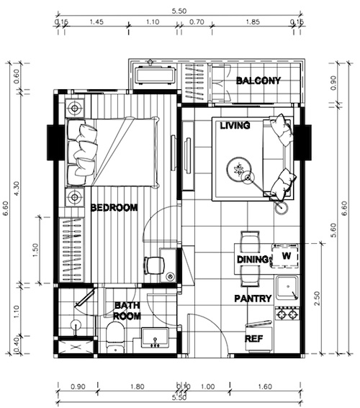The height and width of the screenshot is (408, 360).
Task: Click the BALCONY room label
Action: click(258, 81)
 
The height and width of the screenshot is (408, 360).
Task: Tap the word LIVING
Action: click(235, 126)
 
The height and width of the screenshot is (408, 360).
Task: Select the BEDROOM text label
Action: click(114, 208)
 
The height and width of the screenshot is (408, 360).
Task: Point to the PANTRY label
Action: click(253, 299)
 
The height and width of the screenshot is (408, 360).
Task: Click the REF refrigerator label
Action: click(253, 338)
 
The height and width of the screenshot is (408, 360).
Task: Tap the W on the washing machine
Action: click(287, 255)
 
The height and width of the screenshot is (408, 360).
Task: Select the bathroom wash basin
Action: click(155, 337)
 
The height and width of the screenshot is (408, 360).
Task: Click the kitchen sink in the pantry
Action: click(287, 288)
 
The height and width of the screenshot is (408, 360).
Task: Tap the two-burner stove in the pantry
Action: click(287, 314)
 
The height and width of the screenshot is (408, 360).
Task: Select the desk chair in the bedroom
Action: click(155, 265)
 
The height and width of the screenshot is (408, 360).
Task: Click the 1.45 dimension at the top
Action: click(96, 22)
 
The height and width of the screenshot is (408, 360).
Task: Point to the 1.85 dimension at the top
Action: click(253, 22)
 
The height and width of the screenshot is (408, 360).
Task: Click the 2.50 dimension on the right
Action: click(316, 299)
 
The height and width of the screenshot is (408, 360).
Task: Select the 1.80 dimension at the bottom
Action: click(137, 387)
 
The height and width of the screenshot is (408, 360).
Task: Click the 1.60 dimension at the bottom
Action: click(265, 387)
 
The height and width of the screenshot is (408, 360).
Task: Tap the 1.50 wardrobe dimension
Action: click(35, 250)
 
